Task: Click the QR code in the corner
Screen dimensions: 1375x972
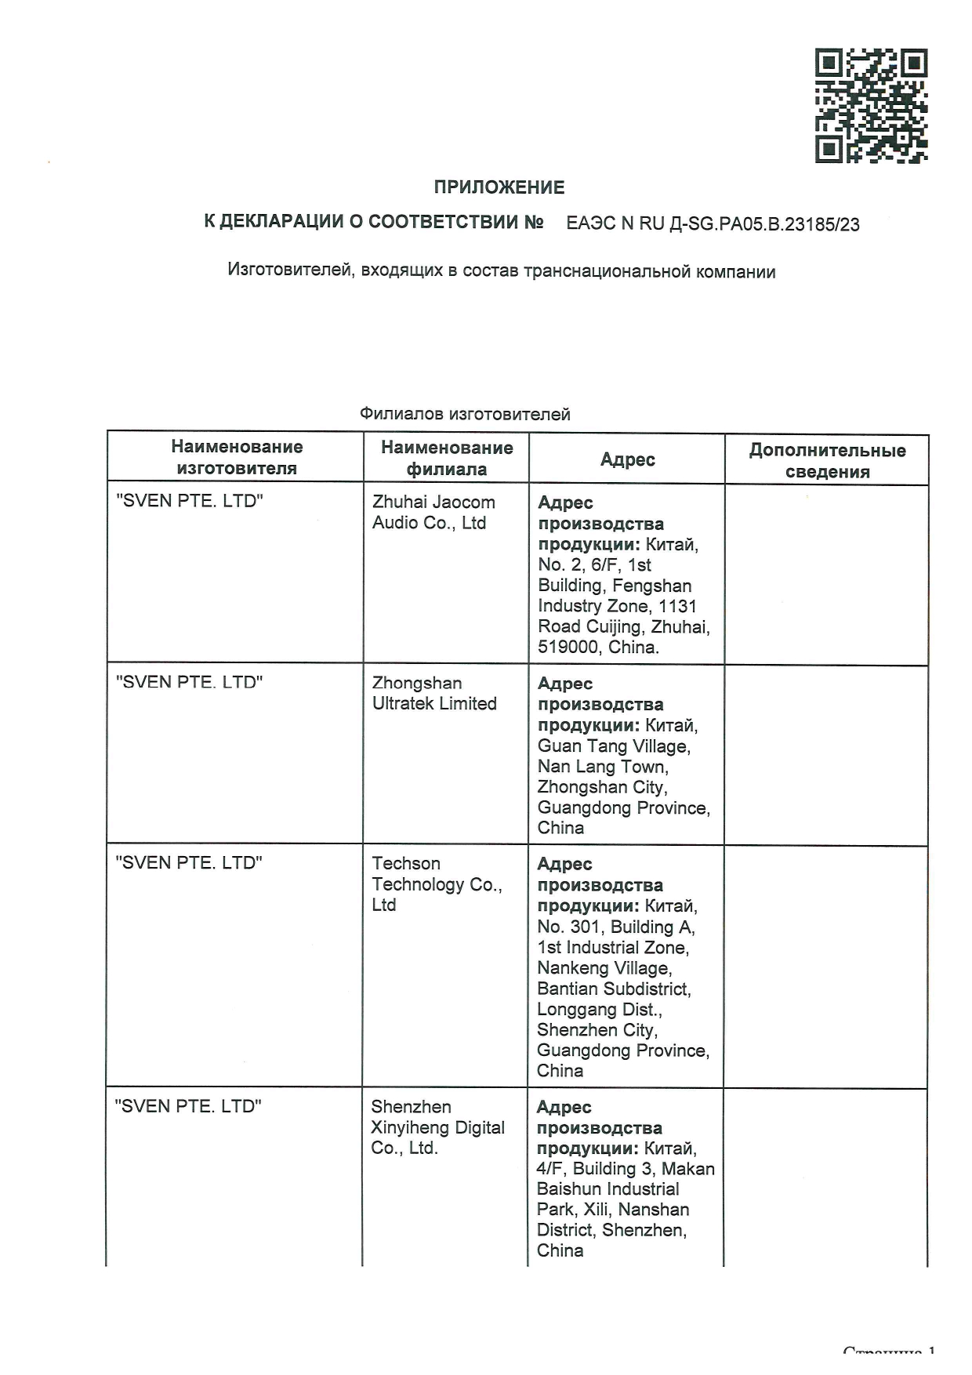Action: click(x=871, y=106)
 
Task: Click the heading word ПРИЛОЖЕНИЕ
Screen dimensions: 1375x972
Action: click(x=499, y=187)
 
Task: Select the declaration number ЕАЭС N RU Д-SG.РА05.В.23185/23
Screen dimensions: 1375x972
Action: click(x=713, y=224)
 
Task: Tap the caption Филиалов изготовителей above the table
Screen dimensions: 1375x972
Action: click(x=465, y=414)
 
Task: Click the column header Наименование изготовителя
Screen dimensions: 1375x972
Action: click(x=237, y=458)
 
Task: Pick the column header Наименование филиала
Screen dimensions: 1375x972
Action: click(x=447, y=459)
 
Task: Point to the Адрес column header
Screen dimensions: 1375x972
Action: click(x=627, y=459)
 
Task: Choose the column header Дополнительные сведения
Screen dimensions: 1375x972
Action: click(x=827, y=461)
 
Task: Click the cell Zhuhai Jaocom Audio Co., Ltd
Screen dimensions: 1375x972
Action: click(x=433, y=513)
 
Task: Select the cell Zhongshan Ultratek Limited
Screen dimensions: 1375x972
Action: click(x=434, y=694)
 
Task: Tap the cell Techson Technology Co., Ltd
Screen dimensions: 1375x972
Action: click(x=437, y=884)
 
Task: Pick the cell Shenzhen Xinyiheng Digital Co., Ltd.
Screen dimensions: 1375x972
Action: click(x=437, y=1127)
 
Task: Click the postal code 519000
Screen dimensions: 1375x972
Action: click(x=569, y=648)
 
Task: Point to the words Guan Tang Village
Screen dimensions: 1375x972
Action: click(x=614, y=746)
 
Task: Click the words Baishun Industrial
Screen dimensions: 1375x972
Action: click(x=607, y=1189)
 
